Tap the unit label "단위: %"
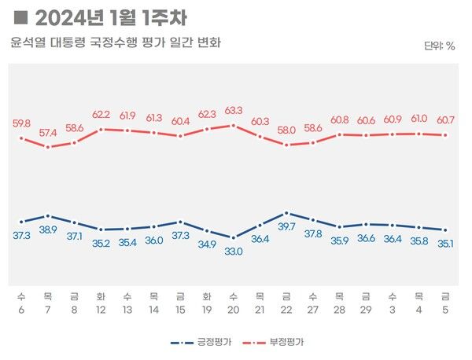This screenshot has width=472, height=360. pos(440,46)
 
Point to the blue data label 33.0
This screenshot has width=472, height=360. pos(233,252)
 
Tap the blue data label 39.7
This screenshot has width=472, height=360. pos(286,227)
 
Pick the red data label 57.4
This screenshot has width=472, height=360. pos(48,133)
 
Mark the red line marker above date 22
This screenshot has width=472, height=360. pos(286,145)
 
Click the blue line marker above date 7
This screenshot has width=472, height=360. pos(48,215)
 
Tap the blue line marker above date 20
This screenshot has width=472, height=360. pos(233,237)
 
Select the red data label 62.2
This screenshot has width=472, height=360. pos(101,114)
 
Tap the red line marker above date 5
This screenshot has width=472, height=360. pos(445,134)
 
